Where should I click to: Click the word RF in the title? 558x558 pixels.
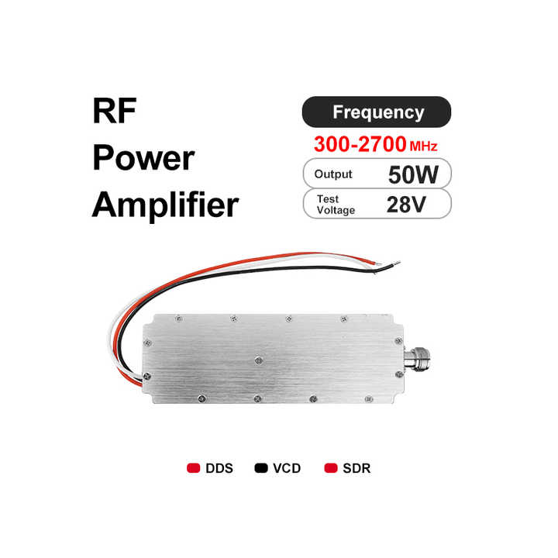(115, 112)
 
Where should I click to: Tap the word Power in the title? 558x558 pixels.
(143, 159)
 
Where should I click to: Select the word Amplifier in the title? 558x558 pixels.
(165, 205)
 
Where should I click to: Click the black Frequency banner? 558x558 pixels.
(376, 112)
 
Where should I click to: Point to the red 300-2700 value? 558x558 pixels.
(359, 144)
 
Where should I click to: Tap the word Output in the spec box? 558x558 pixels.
(333, 174)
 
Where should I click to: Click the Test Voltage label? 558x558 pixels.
(335, 205)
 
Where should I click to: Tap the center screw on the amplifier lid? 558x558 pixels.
(257, 359)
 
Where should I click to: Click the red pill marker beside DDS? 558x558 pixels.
(194, 468)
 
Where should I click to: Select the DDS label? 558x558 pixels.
(219, 468)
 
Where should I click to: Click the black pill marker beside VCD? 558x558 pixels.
(260, 468)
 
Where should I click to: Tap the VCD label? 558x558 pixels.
(287, 468)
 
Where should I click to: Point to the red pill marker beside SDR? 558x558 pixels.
(331, 468)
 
